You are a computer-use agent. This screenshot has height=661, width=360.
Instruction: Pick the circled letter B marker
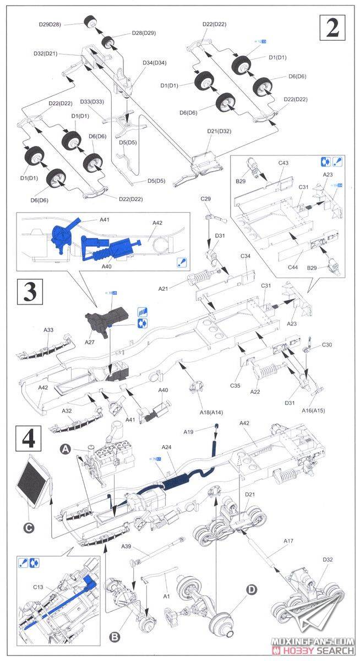point(114,637)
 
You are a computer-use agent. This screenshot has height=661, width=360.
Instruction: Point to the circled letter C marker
point(29,527)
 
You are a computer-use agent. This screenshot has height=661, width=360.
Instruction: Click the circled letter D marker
point(252,589)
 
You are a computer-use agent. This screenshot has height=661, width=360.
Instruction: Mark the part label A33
point(48,330)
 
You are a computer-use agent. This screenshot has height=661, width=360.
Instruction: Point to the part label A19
point(189,432)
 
